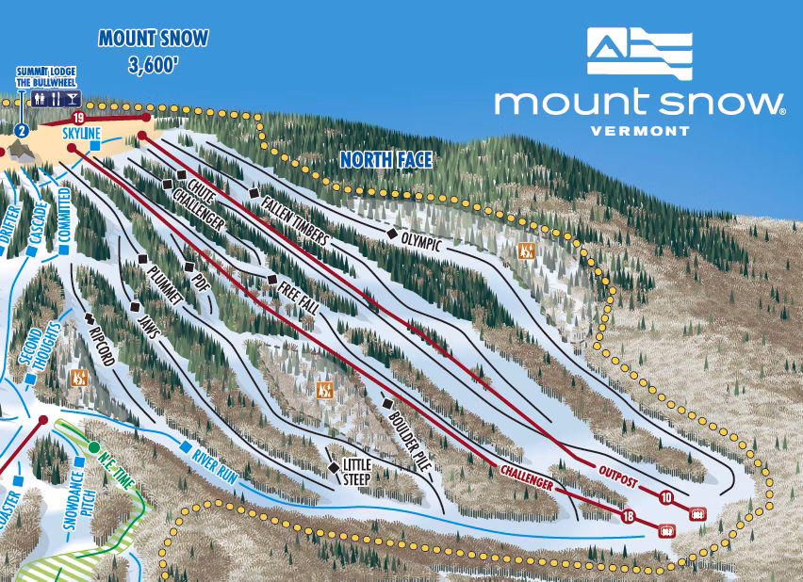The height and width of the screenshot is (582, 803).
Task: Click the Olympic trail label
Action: (x=420, y=242)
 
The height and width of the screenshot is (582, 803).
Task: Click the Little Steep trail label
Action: (x=357, y=470)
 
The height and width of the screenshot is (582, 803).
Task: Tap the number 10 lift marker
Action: (x=666, y=497)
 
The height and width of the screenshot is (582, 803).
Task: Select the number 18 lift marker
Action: (x=628, y=516)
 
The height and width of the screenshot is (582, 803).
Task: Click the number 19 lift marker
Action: (x=78, y=118)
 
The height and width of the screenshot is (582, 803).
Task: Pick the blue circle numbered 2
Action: (x=21, y=130)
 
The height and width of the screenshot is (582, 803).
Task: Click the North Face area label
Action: (x=385, y=160)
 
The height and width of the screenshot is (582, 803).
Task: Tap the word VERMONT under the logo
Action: (x=639, y=130)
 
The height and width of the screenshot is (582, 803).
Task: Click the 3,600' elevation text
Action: (x=155, y=66)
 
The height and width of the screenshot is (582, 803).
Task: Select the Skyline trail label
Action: (x=82, y=134)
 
